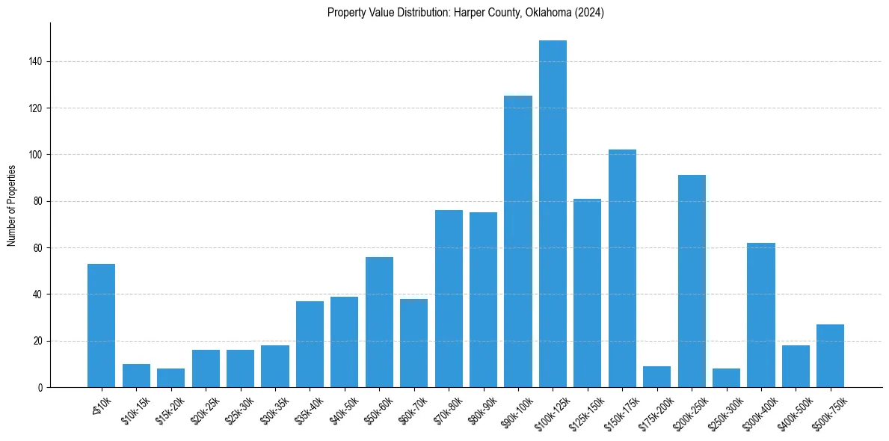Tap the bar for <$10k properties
coord(101,325)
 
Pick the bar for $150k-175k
coord(622,268)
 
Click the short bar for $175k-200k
coord(656,377)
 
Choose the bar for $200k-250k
coord(692,281)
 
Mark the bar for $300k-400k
coord(761,315)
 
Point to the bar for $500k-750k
coord(830,356)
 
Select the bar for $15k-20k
coord(170,378)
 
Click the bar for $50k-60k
coord(379,322)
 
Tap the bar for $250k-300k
coord(726,378)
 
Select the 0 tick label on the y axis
coord(42,388)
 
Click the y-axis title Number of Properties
coord(12,206)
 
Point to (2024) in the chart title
coord(588,13)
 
